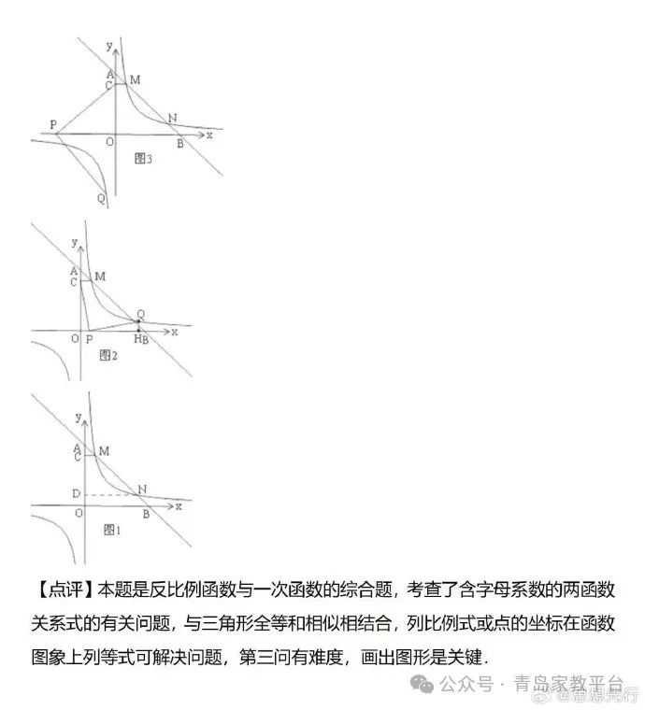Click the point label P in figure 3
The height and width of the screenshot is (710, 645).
[x=52, y=124]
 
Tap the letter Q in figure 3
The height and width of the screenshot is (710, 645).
[x=101, y=198]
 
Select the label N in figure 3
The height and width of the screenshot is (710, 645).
[x=172, y=119]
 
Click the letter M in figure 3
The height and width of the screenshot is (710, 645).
[x=135, y=80]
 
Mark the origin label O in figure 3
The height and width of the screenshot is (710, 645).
[x=109, y=141]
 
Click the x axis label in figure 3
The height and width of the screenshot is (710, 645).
[x=209, y=135]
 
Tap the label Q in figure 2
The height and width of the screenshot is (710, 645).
[x=140, y=314]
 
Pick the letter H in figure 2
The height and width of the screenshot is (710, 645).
[x=136, y=338]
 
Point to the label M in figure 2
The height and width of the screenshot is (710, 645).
[x=100, y=277]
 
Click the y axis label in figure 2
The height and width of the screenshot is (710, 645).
[x=74, y=243]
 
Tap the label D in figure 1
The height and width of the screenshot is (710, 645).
[x=74, y=492]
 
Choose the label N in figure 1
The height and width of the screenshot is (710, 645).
[x=141, y=489]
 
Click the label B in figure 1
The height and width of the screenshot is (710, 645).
[x=146, y=512]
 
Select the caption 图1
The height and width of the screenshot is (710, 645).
[x=112, y=529]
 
